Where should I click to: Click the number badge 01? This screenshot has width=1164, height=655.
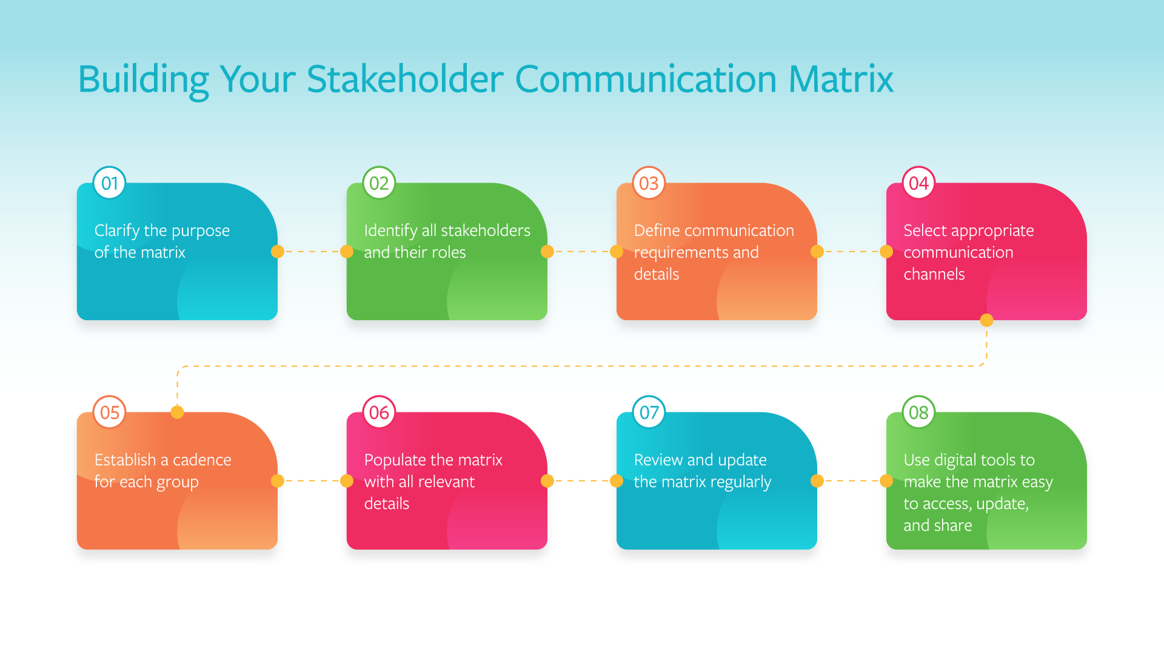(x=110, y=183)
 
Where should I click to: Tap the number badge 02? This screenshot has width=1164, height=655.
(x=379, y=183)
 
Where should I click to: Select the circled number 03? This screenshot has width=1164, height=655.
(x=649, y=183)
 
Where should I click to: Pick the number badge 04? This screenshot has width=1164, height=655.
(x=918, y=183)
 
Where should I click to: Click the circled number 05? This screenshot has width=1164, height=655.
(x=110, y=412)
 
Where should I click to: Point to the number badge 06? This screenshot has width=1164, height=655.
(x=379, y=412)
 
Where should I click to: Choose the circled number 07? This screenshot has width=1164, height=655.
(x=649, y=412)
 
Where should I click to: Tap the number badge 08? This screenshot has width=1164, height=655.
(x=918, y=412)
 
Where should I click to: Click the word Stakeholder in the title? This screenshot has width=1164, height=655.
(x=405, y=79)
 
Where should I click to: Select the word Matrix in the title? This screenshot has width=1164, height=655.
(x=841, y=79)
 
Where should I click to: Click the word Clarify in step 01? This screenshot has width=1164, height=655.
(x=117, y=231)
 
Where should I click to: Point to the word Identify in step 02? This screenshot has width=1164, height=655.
(x=390, y=231)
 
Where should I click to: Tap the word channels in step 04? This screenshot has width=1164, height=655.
(x=934, y=274)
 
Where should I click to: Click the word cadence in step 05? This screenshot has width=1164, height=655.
(x=202, y=460)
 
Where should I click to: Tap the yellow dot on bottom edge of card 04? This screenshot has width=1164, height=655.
(x=987, y=320)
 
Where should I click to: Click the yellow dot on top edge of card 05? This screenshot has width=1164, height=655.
(x=177, y=412)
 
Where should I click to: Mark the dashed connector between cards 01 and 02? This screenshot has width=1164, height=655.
(x=312, y=251)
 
